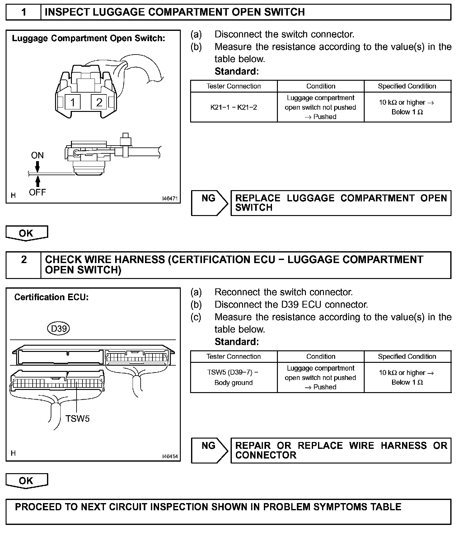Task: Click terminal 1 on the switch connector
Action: pyautogui.click(x=73, y=102)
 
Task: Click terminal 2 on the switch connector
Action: pyautogui.click(x=99, y=102)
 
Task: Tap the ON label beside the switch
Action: pyautogui.click(x=37, y=155)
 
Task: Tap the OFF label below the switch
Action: pyautogui.click(x=37, y=192)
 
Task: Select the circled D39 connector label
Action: pyautogui.click(x=58, y=329)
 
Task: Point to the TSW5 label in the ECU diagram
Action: pyautogui.click(x=77, y=419)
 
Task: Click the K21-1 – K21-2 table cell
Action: pyautogui.click(x=234, y=107)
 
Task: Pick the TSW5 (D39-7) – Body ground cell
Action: pyautogui.click(x=234, y=377)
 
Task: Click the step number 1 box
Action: pyautogui.click(x=24, y=12)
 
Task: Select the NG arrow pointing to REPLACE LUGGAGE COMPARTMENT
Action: pyautogui.click(x=209, y=203)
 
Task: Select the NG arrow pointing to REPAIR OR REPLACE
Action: pyautogui.click(x=209, y=450)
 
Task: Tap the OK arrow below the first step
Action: pyautogui.click(x=26, y=233)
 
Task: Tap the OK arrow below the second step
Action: pyautogui.click(x=26, y=481)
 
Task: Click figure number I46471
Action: pyautogui.click(x=170, y=198)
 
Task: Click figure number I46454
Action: pyautogui.click(x=170, y=456)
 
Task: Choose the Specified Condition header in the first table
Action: pyautogui.click(x=407, y=86)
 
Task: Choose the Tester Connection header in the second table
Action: pyautogui.click(x=234, y=356)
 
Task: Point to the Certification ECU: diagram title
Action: pyautogui.click(x=51, y=297)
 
